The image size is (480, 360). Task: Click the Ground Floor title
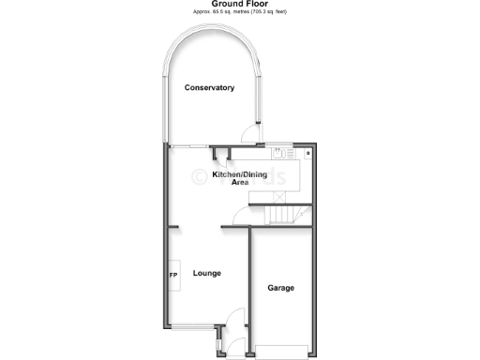(x=239, y=4)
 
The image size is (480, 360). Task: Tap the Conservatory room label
(x=209, y=87)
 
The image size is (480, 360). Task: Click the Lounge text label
(x=207, y=274)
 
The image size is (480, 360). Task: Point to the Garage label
(x=280, y=287)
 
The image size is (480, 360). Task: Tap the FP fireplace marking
(x=172, y=275)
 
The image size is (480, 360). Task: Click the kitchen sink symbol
(x=277, y=152)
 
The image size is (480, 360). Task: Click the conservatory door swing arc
(x=249, y=133)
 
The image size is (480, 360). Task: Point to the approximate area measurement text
(x=239, y=12)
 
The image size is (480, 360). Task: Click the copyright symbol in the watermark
(x=200, y=176)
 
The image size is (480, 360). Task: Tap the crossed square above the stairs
(x=277, y=195)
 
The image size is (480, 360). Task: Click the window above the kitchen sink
(x=279, y=143)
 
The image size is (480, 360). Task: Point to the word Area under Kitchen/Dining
(x=240, y=183)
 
